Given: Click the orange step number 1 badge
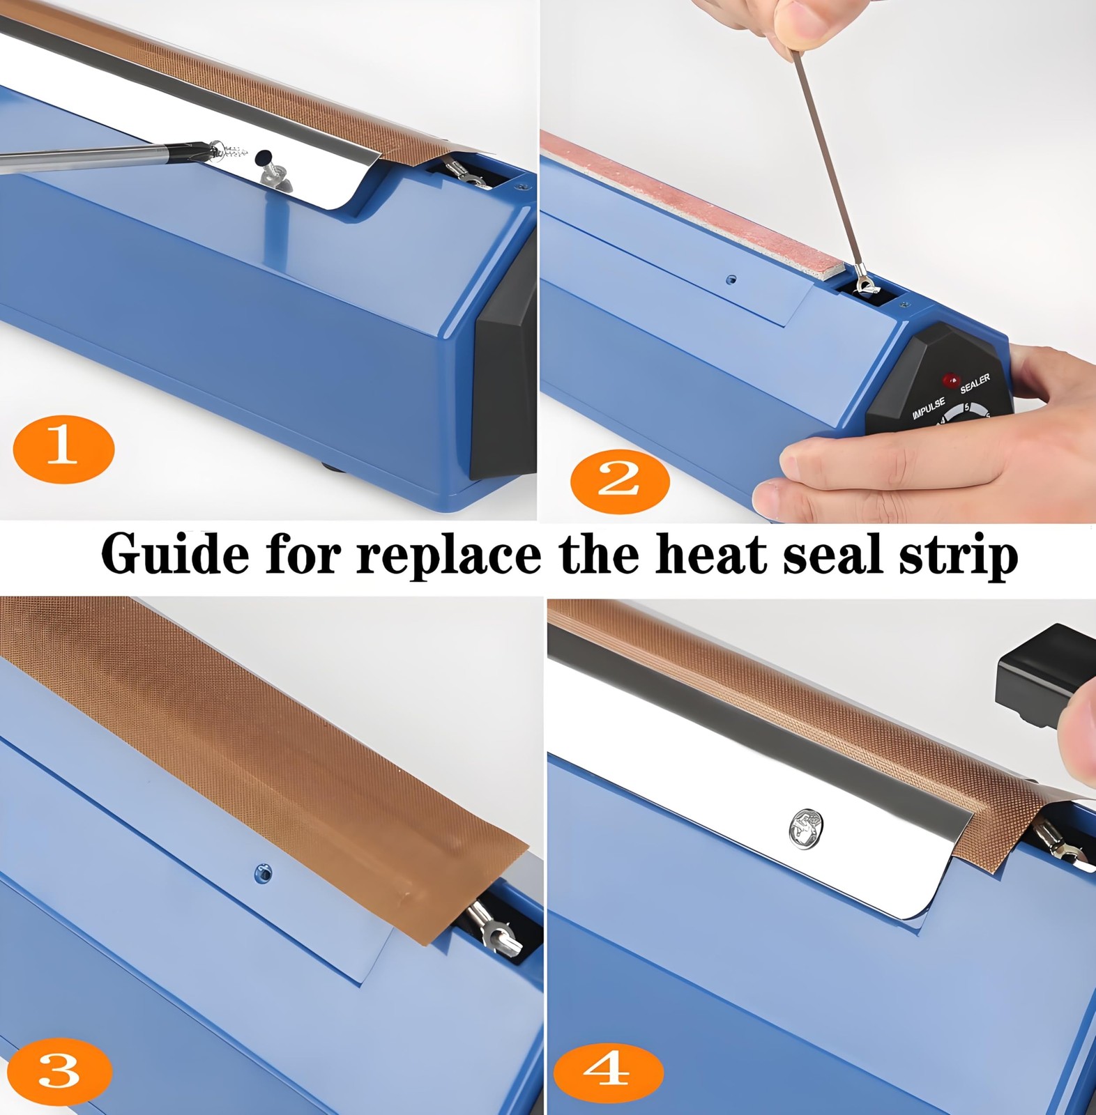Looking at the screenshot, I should click(x=63, y=448).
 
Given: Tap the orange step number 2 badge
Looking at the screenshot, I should click(x=619, y=481).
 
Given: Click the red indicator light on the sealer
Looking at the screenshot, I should click(x=950, y=380).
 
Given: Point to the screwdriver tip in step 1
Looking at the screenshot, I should click(x=209, y=148).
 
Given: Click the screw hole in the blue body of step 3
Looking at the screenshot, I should click(x=263, y=872).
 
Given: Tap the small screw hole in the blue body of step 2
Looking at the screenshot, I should click(x=731, y=279).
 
